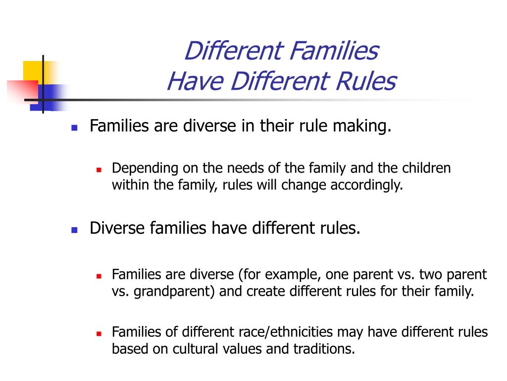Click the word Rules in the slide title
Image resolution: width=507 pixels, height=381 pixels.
tap(366, 81)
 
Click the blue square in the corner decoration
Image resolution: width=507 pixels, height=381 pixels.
tap(48, 97)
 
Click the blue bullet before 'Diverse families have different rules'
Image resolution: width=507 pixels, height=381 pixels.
tap(74, 230)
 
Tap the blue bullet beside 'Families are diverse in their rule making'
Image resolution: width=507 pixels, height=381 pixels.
tap(74, 127)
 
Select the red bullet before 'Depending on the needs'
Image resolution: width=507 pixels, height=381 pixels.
tap(99, 170)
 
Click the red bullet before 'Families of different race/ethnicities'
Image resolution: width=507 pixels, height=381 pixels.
tap(99, 333)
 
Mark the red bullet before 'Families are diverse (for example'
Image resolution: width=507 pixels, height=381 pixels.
tap(99, 276)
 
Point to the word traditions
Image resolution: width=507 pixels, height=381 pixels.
tap(324, 349)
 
